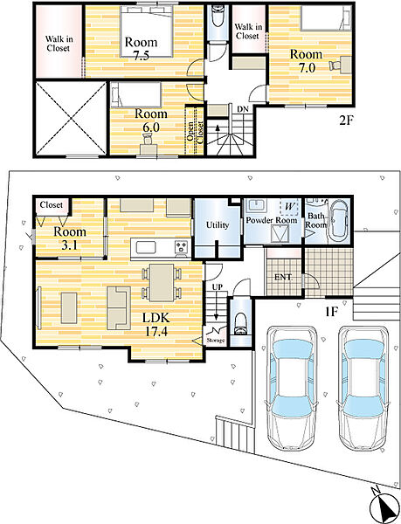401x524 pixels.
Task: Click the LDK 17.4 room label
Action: point(156,324)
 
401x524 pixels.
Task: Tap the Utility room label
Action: point(218,225)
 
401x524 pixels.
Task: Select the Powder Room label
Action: point(272,220)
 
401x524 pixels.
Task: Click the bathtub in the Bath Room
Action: point(338,222)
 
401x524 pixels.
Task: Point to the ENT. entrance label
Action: point(283,277)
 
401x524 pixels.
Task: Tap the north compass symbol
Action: point(384,504)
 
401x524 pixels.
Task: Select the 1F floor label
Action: point(332,312)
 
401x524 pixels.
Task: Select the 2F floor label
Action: point(346,121)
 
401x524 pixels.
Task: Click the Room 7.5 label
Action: point(141,49)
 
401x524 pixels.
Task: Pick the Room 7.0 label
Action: point(306,61)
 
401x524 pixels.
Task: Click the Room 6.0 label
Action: point(151,121)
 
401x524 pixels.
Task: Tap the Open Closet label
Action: point(195,131)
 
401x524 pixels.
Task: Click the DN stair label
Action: point(243,109)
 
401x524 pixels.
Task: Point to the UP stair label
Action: point(218,287)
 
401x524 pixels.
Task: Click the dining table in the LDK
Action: point(162,283)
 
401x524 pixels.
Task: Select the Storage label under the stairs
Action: point(216,341)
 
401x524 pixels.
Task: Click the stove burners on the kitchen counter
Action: point(182,247)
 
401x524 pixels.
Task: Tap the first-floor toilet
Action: point(240,323)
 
